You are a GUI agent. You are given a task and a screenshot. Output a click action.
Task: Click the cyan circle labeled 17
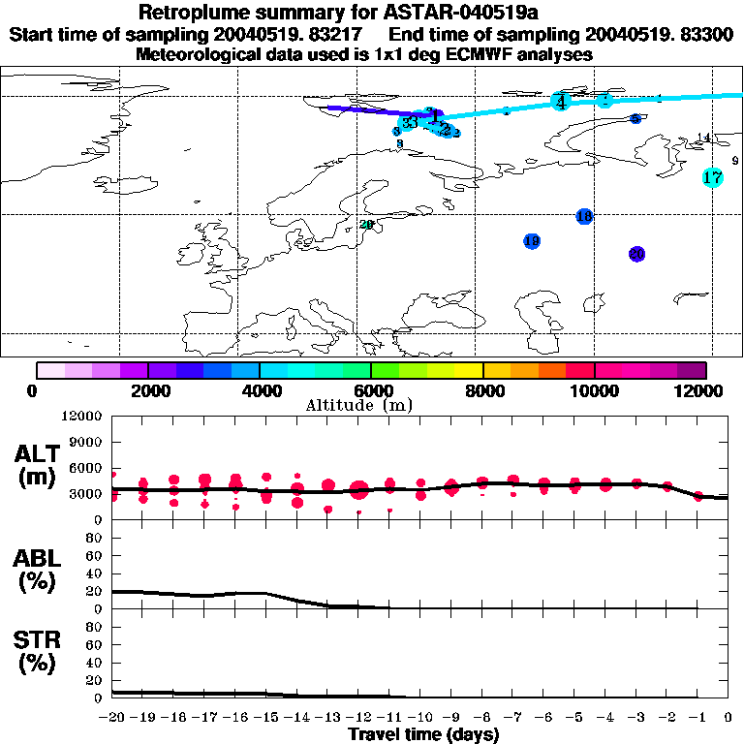pos(713,177)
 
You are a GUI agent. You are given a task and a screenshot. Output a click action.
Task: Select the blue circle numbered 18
pos(584,216)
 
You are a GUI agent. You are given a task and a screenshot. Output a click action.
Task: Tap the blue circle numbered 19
pos(532,241)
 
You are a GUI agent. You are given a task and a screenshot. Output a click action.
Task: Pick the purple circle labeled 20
pos(636,254)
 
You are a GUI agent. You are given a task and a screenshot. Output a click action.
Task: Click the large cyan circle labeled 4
pos(561,101)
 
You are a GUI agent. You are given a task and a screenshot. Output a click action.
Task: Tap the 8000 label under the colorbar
pos(482,390)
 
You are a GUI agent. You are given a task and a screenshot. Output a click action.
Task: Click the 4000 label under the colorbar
pos(259,390)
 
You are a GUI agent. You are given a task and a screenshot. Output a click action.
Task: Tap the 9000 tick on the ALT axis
pos(88,441)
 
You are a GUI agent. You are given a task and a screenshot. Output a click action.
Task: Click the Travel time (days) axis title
pos(422,734)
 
